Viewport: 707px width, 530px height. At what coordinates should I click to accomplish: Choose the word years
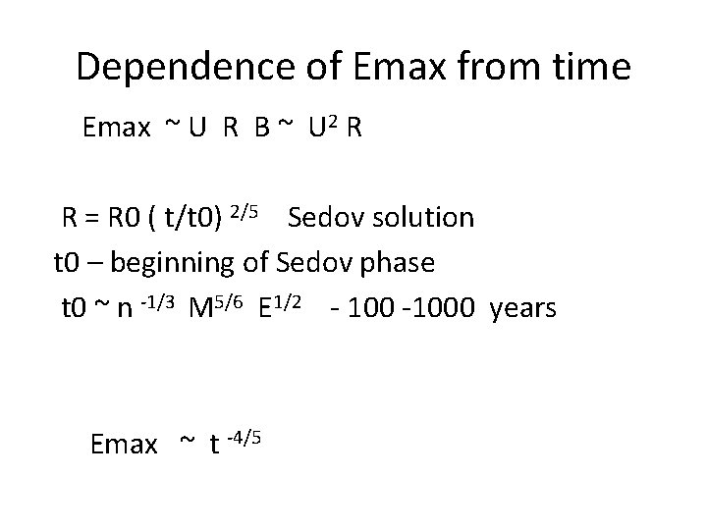[522, 309]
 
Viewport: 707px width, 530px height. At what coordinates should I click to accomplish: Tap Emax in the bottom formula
[123, 445]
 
